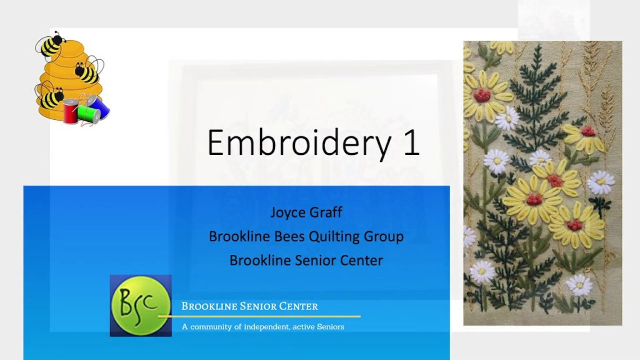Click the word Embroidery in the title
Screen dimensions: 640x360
tap(299, 143)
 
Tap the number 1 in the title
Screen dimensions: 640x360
tap(411, 142)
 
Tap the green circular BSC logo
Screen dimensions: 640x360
tap(141, 306)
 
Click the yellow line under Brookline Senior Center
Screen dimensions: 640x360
tap(259, 316)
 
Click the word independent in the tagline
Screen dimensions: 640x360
tap(267, 327)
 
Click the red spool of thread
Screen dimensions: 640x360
tap(70, 111)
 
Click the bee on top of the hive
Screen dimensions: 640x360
tap(51, 44)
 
